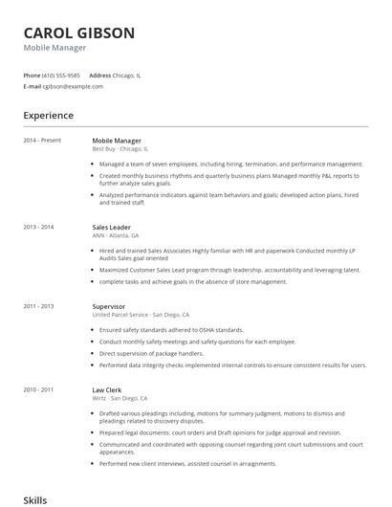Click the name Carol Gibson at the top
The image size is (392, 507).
[79, 33]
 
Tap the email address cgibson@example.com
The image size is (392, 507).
[73, 86]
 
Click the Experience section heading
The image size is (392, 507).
[48, 116]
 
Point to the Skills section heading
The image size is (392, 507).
[35, 499]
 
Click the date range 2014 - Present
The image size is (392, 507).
[42, 141]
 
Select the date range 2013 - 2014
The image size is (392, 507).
[38, 226]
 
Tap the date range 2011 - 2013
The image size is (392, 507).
[38, 306]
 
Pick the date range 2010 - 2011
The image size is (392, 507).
[38, 389]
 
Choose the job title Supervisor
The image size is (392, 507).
[109, 306]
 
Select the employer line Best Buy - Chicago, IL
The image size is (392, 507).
[120, 149]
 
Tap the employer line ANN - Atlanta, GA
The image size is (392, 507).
[116, 234]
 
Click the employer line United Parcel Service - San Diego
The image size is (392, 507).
[141, 315]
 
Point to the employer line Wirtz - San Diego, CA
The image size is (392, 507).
[120, 398]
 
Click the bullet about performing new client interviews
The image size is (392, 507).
[187, 463]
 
